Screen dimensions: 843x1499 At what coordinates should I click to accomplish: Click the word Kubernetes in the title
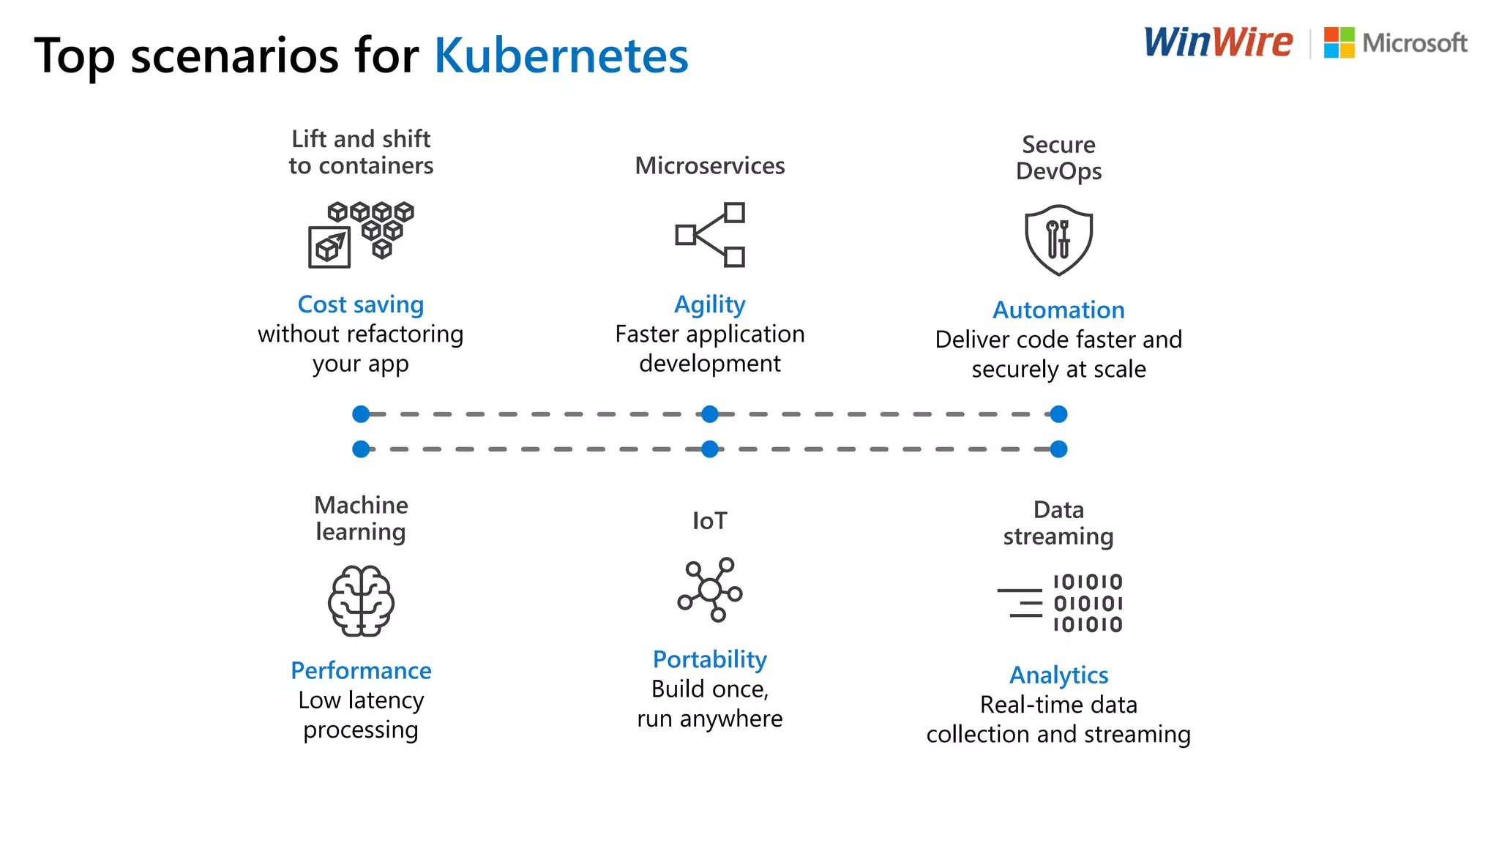pos(561,56)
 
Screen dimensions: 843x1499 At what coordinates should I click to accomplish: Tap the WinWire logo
pos(1218,42)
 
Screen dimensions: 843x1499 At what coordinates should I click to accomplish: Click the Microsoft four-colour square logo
pos(1339,42)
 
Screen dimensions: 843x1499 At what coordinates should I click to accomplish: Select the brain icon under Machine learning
pos(361,601)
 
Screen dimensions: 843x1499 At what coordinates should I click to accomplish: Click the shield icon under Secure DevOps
pos(1058,239)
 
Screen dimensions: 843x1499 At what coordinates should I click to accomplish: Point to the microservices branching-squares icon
pos(710,235)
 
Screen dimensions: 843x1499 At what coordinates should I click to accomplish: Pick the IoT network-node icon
pos(709,590)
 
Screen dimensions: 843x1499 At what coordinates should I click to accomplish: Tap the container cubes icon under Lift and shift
pos(361,234)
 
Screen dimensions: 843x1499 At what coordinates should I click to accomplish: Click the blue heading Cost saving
pos(361,304)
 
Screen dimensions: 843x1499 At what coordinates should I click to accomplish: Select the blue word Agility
pos(710,304)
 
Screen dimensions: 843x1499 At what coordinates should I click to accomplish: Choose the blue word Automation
pos(1058,310)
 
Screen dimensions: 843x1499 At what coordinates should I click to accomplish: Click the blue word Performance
pos(361,670)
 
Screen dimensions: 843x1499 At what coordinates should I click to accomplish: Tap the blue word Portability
pos(710,659)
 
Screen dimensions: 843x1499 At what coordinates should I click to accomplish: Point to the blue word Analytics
pos(1058,675)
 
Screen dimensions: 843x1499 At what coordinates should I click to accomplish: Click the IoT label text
pos(710,521)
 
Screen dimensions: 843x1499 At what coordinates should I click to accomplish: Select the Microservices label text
pos(710,166)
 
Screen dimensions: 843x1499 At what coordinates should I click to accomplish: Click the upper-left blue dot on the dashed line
pos(361,414)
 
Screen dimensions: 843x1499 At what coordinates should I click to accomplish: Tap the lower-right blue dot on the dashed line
pos(1058,449)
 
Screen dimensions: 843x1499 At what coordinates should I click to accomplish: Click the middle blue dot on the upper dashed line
pos(710,414)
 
